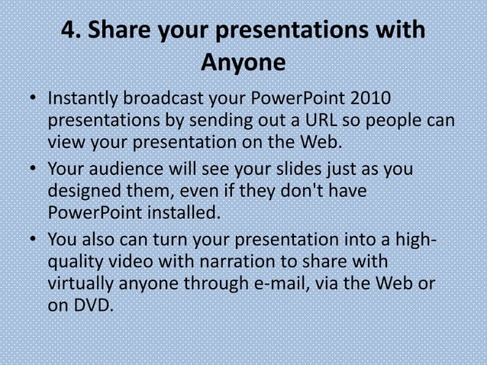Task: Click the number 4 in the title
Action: [71, 31]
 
